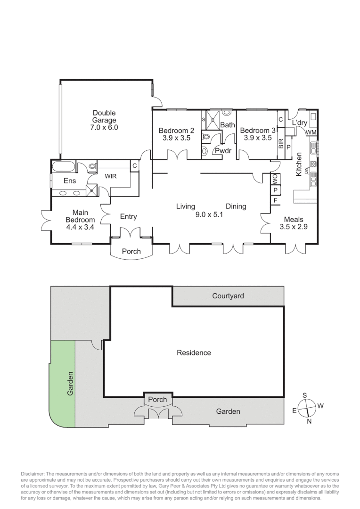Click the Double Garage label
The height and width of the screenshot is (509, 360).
[104, 113]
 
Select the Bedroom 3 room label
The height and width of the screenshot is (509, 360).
[257, 131]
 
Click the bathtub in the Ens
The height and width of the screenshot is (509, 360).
[63, 167]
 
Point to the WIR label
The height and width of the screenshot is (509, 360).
[111, 176]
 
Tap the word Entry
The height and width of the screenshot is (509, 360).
[128, 216]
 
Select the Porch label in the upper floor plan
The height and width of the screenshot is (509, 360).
[131, 251]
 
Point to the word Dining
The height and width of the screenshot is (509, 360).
[236, 206]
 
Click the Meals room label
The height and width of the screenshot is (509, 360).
[293, 220]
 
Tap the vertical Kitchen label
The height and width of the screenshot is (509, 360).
[298, 164]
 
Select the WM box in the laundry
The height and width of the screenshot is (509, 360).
[311, 133]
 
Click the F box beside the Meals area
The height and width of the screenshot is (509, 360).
[275, 200]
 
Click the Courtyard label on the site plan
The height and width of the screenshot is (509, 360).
[228, 296]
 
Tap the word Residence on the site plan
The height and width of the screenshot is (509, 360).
[194, 353]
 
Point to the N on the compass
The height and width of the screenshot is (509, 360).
[309, 421]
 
